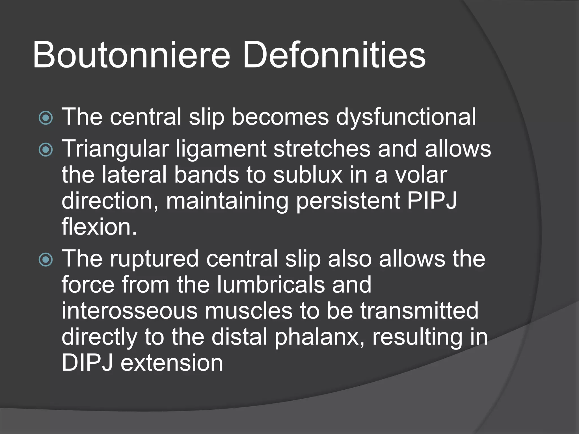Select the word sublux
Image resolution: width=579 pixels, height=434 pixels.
308,175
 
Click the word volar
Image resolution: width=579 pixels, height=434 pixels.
421,175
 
